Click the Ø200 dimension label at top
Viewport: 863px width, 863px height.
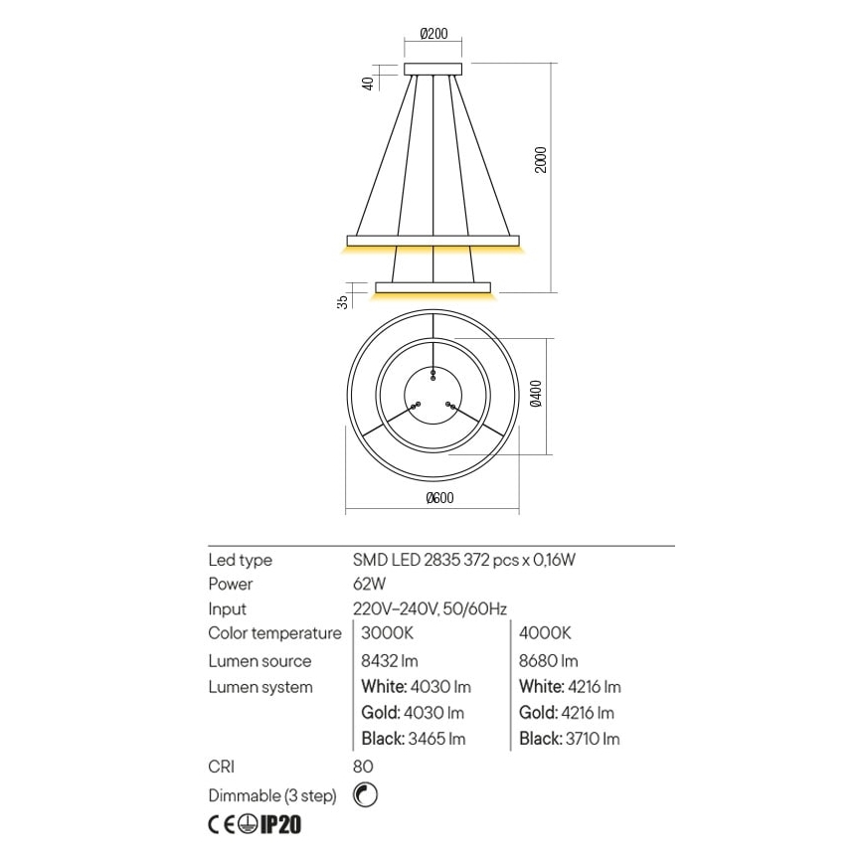point(433,33)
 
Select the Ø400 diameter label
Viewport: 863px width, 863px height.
point(537,396)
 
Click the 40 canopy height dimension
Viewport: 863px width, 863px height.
point(368,84)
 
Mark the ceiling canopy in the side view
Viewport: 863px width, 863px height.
point(433,69)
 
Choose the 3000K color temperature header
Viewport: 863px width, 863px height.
point(380,633)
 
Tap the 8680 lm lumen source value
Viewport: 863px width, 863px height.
point(549,660)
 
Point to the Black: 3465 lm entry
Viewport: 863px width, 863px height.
point(410,739)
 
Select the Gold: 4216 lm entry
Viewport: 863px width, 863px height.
point(567,713)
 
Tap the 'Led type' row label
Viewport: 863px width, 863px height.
point(240,560)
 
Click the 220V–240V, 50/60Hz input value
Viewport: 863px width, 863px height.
point(430,608)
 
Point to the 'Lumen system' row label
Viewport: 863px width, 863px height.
point(260,687)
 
